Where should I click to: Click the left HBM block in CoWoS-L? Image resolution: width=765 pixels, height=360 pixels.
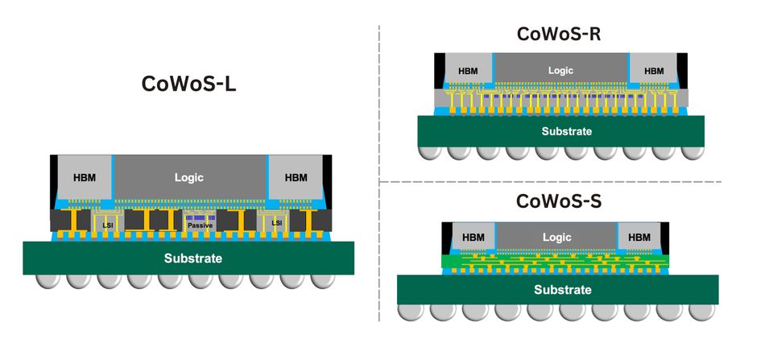click(83, 177)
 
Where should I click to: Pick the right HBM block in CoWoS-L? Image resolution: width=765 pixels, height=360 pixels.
click(296, 177)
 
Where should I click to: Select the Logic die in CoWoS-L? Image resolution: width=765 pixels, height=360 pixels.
click(189, 177)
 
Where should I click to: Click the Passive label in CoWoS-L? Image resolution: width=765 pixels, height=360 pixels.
click(200, 226)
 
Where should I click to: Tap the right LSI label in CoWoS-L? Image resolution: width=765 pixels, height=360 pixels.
click(276, 222)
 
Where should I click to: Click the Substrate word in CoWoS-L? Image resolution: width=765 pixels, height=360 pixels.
click(192, 259)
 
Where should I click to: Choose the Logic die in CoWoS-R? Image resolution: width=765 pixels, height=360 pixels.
click(560, 71)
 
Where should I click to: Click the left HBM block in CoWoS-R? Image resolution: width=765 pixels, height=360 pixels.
click(468, 71)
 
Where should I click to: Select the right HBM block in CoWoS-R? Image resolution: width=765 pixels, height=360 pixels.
click(654, 71)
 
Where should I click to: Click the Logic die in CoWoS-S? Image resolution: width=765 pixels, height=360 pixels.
click(556, 238)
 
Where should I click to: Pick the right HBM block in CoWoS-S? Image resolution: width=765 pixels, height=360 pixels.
click(639, 238)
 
